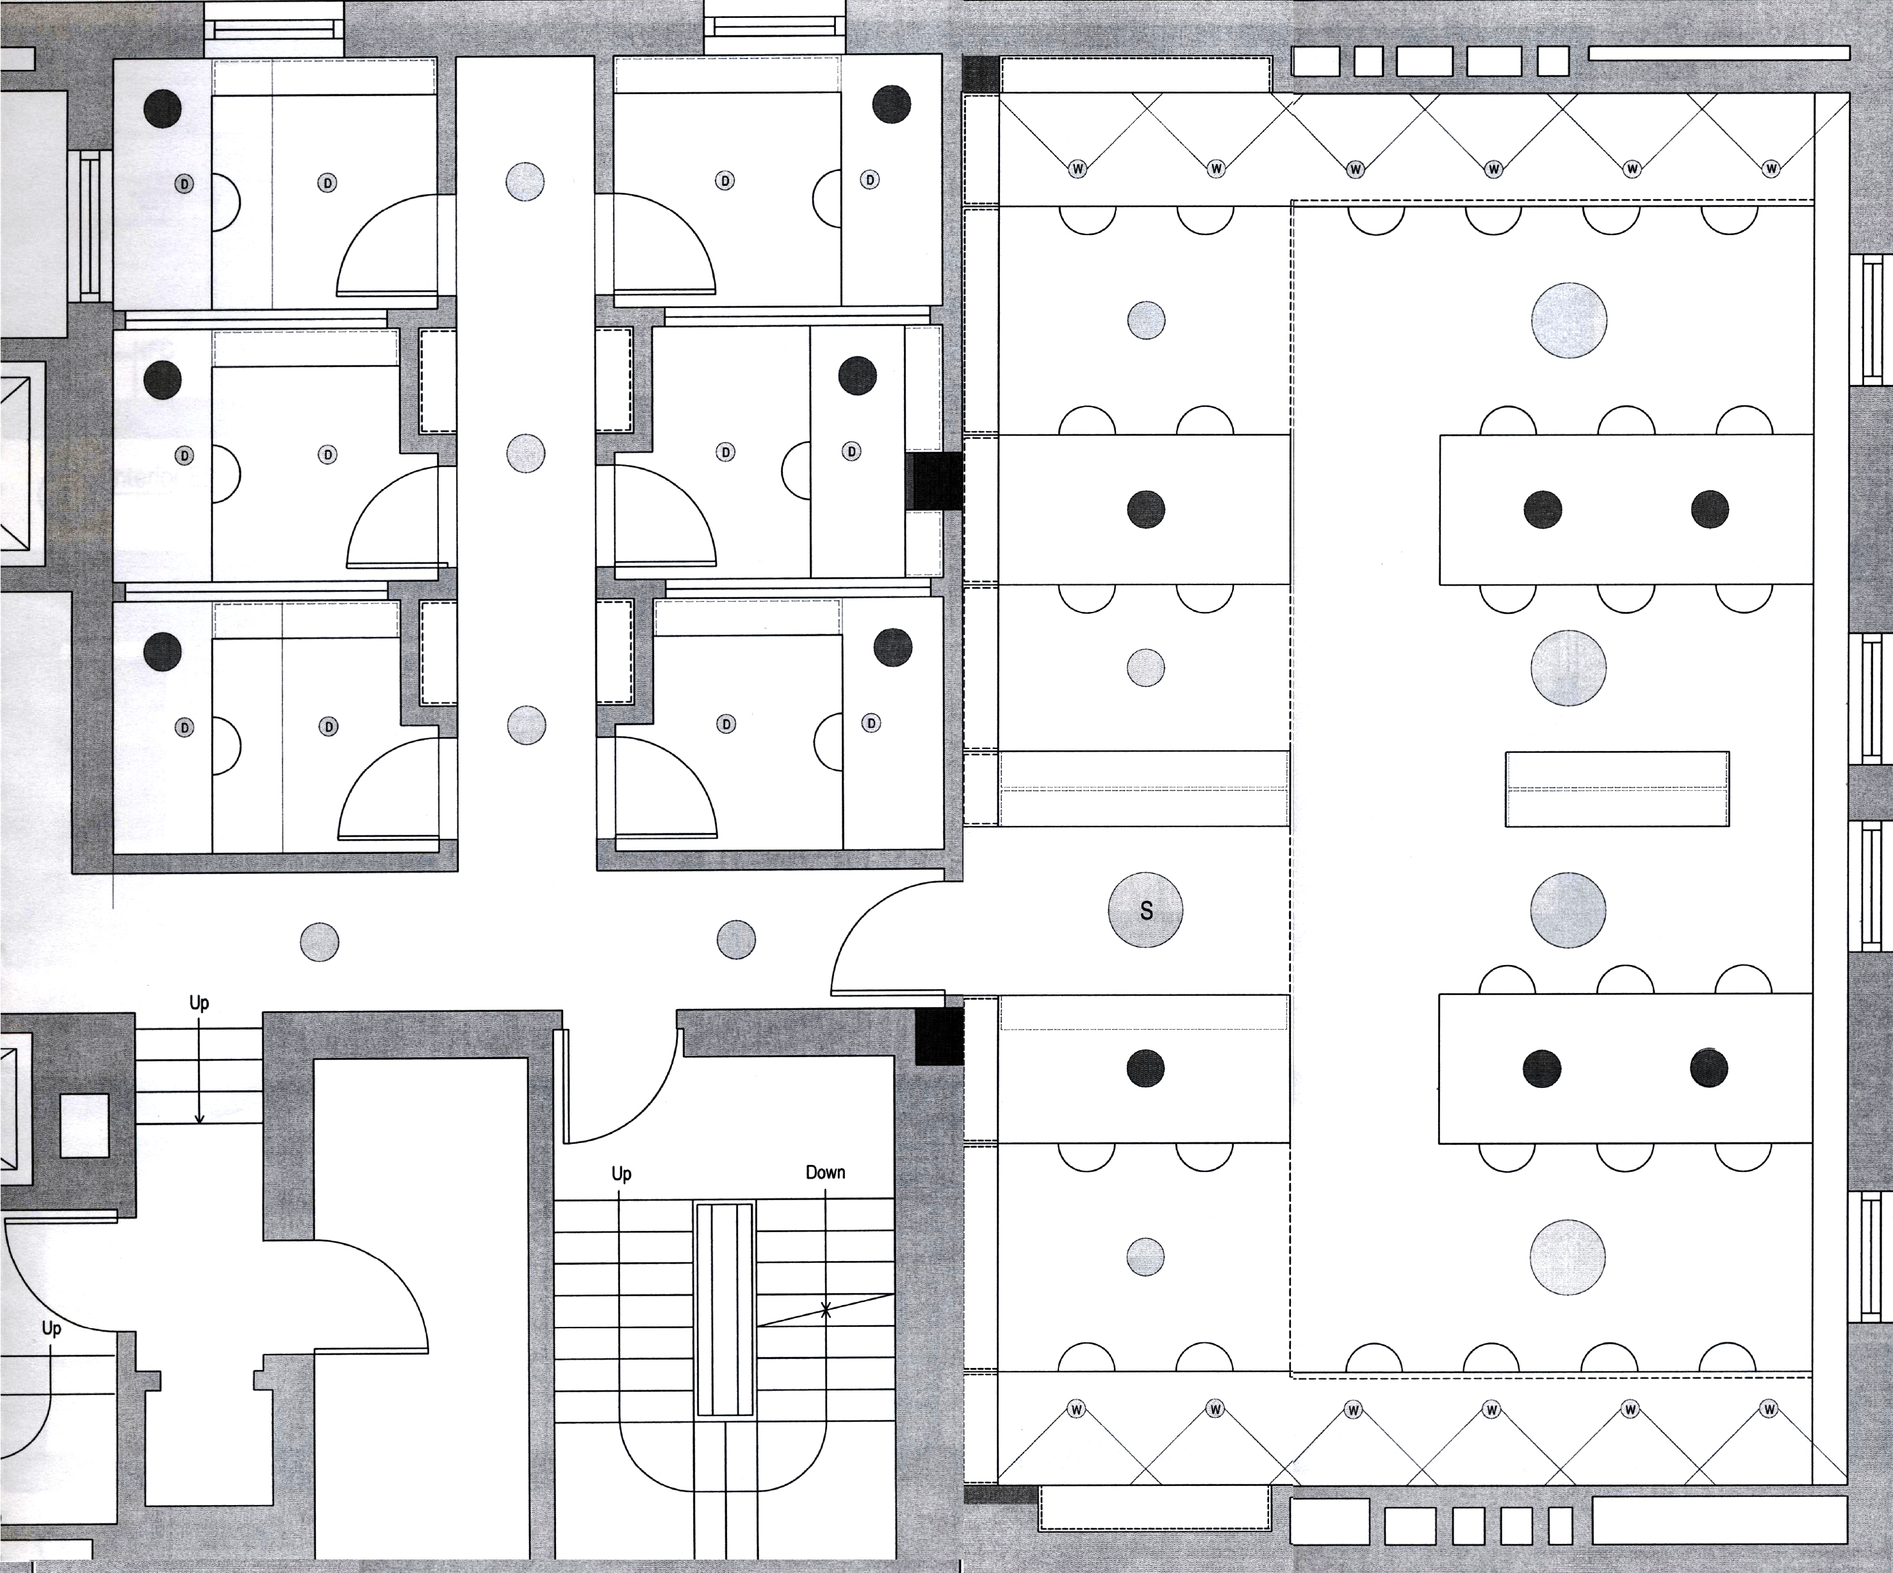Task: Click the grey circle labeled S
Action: (x=1145, y=910)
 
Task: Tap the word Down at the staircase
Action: (x=825, y=1172)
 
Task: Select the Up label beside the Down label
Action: (x=621, y=1174)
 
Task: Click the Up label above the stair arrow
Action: (x=199, y=1002)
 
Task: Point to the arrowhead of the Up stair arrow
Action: (x=199, y=1119)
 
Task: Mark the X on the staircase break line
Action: (x=825, y=1310)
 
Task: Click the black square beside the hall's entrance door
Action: (x=939, y=1037)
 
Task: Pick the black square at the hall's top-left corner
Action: (x=981, y=74)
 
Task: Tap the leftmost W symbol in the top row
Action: (x=1078, y=169)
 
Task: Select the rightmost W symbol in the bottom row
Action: (x=1769, y=1409)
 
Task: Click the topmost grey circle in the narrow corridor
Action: (x=525, y=181)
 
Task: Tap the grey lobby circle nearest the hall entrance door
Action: (x=735, y=940)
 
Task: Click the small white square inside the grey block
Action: (x=84, y=1126)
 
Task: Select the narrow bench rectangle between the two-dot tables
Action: (x=1617, y=789)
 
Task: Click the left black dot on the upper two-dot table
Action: (x=1543, y=509)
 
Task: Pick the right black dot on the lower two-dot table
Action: (x=1709, y=1068)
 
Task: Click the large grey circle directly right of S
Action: (x=1568, y=910)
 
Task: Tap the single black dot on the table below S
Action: (x=1145, y=1068)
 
